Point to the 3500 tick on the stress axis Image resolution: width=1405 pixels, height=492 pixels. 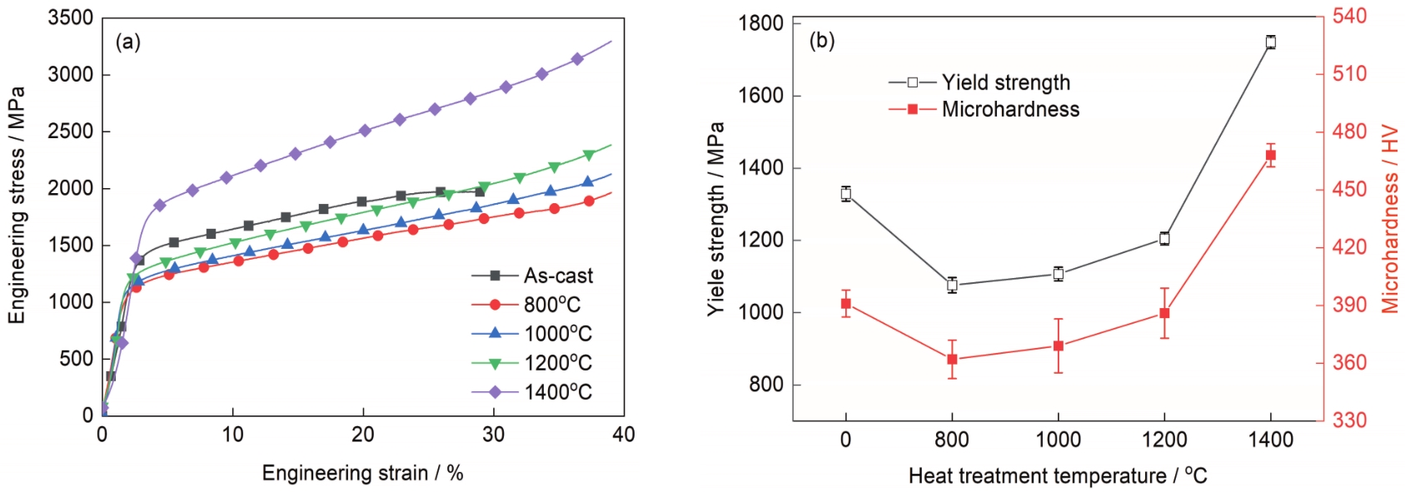(71, 18)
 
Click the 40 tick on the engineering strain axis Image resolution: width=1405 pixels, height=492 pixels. (623, 435)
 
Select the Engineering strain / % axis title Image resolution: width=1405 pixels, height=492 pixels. (362, 473)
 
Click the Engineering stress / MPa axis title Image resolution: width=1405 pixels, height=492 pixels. (17, 205)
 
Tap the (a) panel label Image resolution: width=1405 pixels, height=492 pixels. (127, 42)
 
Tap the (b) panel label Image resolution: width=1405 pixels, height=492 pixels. (821, 41)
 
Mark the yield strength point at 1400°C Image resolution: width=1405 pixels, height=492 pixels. (1270, 42)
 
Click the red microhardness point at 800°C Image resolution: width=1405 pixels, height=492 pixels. (952, 360)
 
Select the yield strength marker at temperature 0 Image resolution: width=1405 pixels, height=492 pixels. (846, 194)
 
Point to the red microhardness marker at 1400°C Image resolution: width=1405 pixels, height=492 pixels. (1270, 155)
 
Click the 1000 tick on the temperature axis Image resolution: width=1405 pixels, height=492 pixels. (1058, 440)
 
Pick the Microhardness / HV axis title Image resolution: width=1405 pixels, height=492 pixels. (1389, 219)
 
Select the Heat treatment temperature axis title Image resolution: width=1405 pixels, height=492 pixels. (1057, 476)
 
